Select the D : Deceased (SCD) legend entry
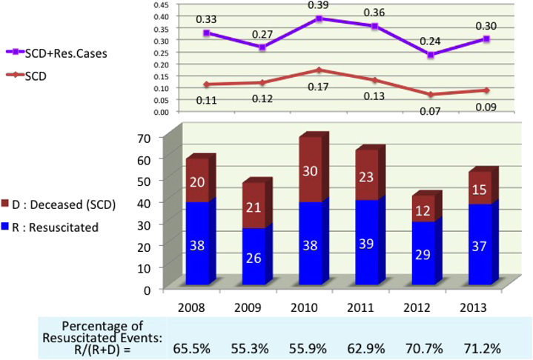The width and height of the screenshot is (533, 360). tap(59, 205)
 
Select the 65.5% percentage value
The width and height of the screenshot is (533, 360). tap(196, 345)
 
